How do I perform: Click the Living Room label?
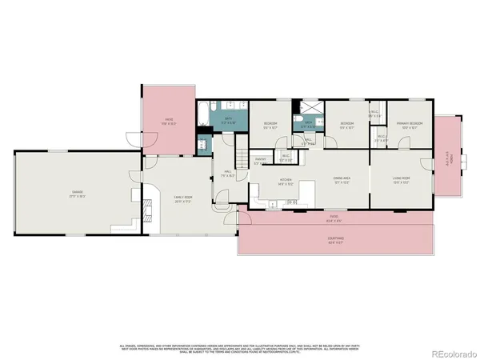coord(401,180)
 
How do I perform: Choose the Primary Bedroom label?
coord(410,126)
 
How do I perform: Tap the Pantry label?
coord(261,160)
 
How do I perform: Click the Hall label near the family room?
coord(227,175)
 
